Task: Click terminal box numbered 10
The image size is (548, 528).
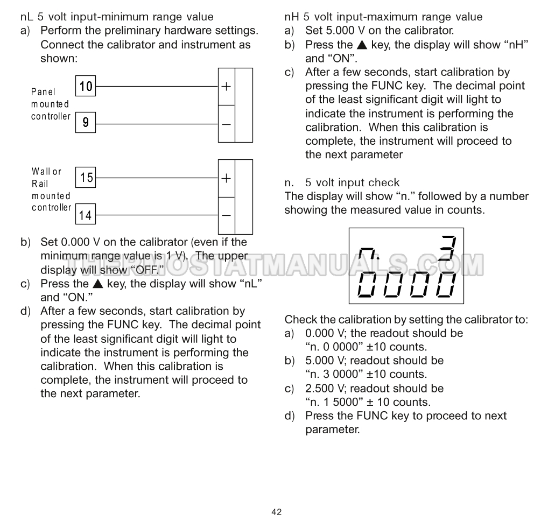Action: [86, 86]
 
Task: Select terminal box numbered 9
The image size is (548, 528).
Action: [86, 123]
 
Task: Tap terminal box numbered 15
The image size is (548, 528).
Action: [86, 177]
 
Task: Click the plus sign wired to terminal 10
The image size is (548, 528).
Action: [227, 86]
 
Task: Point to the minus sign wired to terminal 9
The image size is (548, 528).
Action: [227, 124]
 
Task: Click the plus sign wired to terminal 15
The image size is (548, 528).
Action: [227, 178]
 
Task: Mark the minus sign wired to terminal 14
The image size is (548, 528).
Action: [227, 215]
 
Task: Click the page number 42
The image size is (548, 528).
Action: [276, 512]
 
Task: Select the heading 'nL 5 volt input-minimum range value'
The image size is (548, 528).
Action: [116, 17]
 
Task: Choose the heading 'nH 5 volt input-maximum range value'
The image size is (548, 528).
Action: [383, 17]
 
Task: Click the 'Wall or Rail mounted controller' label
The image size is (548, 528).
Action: [51, 189]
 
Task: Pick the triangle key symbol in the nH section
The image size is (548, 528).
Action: [361, 45]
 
